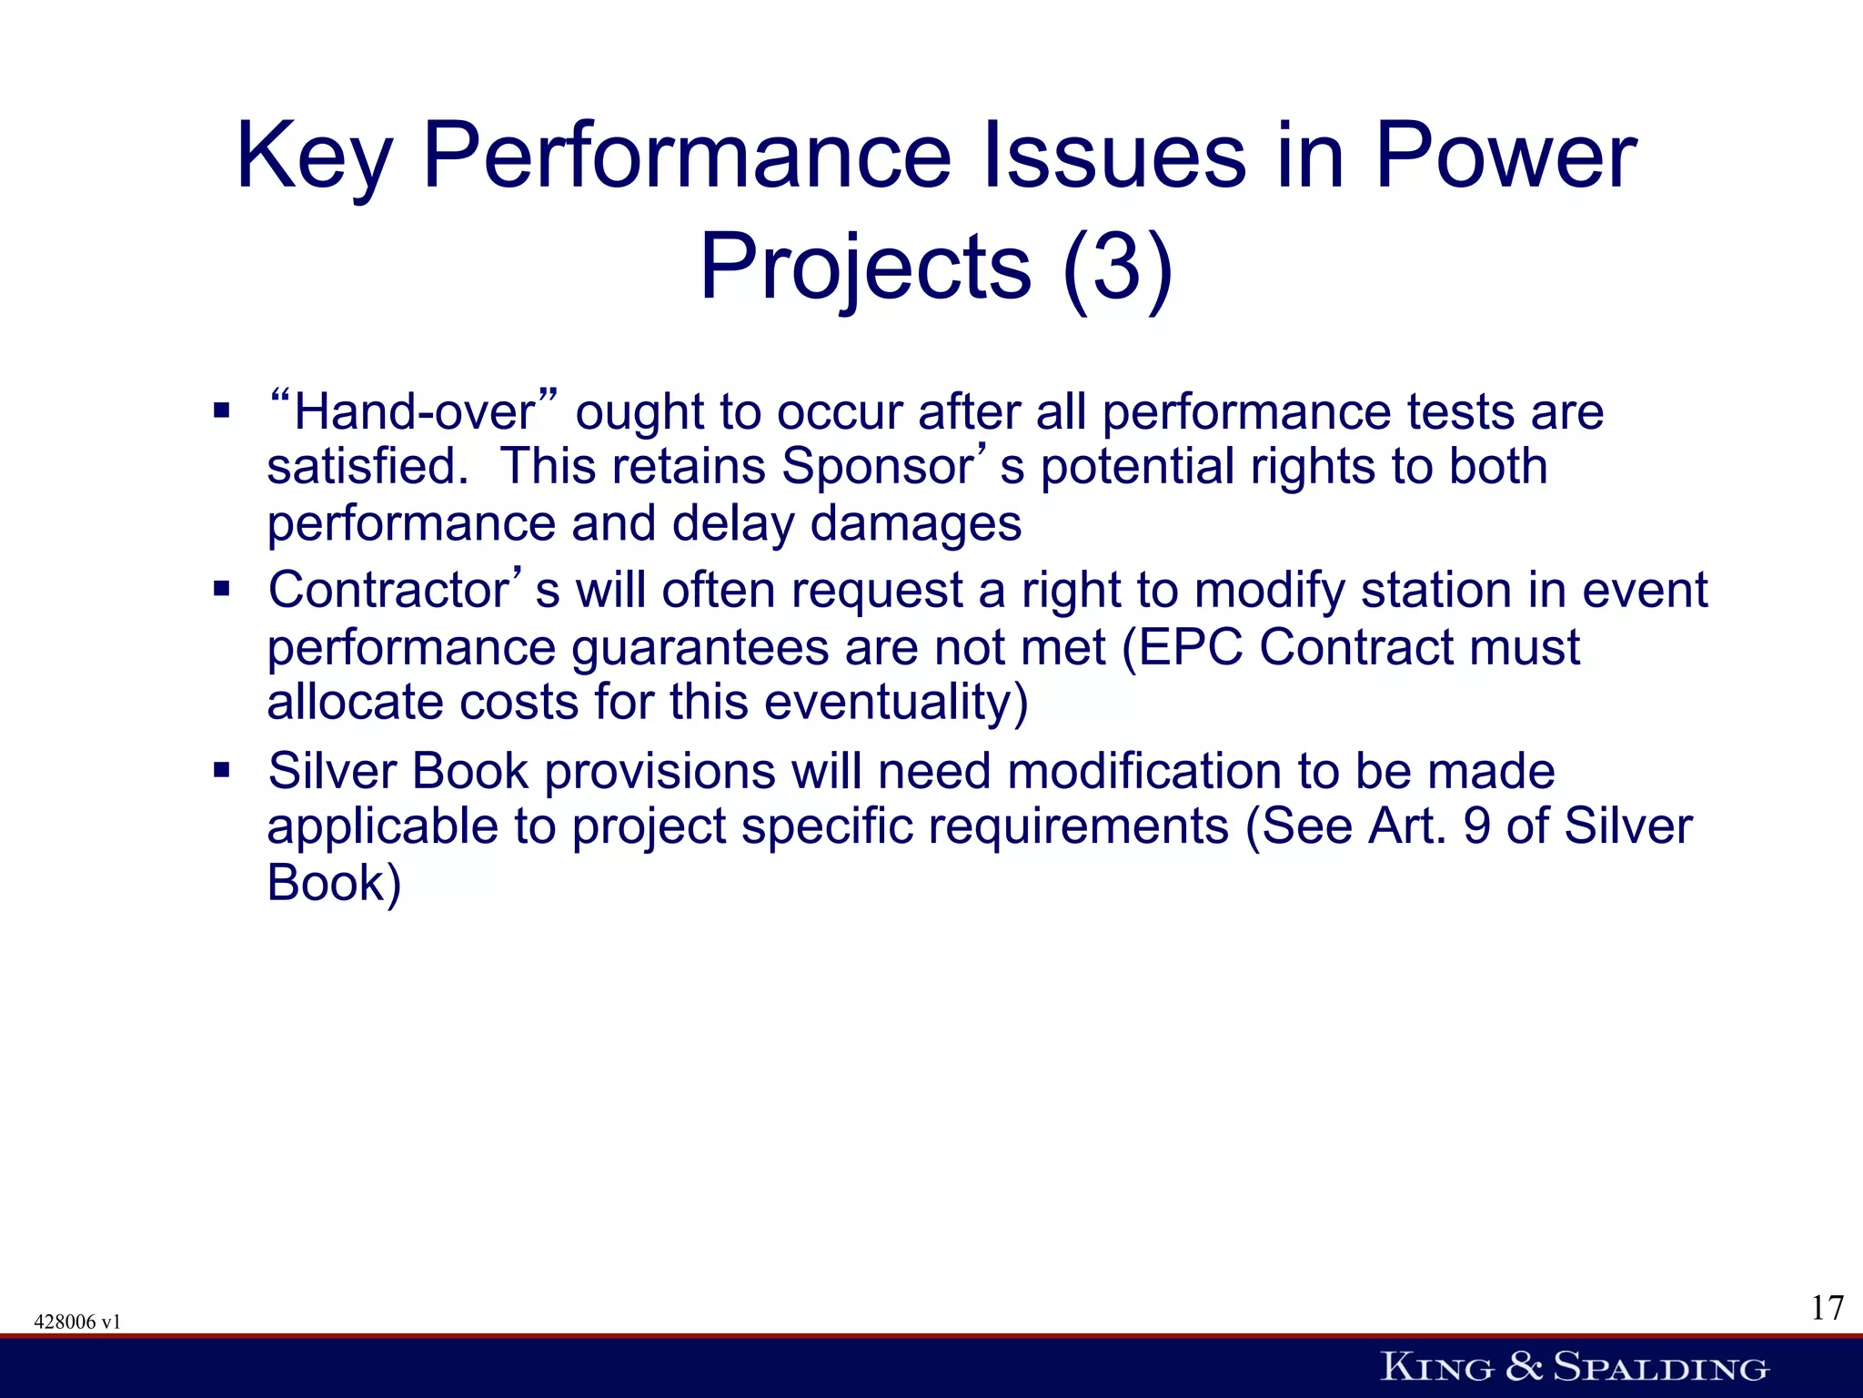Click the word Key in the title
click(314, 157)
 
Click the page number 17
click(1827, 1308)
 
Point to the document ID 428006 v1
click(77, 1322)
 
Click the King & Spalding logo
click(1574, 1367)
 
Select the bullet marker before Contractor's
click(222, 589)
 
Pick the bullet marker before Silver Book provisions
click(222, 771)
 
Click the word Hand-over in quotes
click(415, 412)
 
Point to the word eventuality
click(895, 703)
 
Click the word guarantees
click(700, 648)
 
